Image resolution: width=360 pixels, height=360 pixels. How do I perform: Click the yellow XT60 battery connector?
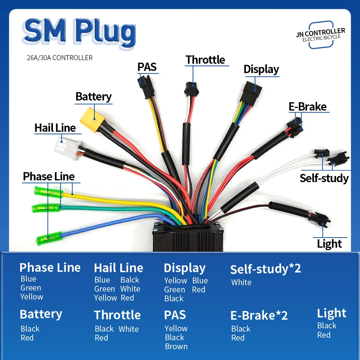pos(92,120)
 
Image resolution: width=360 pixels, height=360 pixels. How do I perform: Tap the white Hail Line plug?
pos(68,148)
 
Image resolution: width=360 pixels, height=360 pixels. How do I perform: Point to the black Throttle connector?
pos(192,89)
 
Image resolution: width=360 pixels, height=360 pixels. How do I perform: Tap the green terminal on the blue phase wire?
pos(49,238)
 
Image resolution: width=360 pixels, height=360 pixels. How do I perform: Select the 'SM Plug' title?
pos(79,33)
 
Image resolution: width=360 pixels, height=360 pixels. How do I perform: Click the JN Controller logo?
pos(321,35)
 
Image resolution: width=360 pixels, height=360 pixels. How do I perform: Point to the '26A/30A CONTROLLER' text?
pos(60,58)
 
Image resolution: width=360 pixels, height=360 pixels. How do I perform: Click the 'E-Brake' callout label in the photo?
pos(307,107)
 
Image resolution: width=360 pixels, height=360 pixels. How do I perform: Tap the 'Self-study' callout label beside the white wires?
pos(324,178)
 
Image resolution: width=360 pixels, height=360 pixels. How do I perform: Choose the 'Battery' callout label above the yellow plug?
pos(94,96)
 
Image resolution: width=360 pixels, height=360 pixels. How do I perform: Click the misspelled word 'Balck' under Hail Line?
pos(130,280)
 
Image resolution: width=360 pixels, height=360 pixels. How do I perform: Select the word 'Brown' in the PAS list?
pos(176,346)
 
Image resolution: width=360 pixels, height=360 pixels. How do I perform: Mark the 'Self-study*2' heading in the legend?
pos(265,269)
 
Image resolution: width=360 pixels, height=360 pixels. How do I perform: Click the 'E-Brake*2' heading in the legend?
pos(259,315)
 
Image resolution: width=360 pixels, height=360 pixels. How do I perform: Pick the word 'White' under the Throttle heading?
pos(129,329)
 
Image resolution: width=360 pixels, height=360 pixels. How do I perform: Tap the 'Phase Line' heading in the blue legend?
pos(50,267)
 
